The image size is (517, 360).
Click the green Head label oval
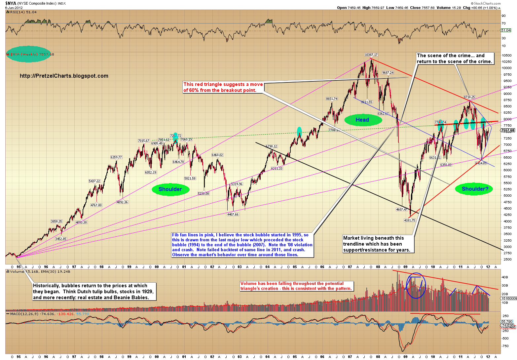click(x=362, y=120)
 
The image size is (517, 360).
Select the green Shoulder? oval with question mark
click(x=475, y=189)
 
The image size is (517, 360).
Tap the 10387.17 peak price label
click(x=371, y=55)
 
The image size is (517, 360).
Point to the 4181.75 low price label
click(x=409, y=220)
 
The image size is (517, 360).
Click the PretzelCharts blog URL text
click(x=64, y=76)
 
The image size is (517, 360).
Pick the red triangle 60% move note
click(x=223, y=87)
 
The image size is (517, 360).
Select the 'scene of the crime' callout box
click(x=455, y=59)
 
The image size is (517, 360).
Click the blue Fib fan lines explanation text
click(x=242, y=245)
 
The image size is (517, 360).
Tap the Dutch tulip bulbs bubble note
click(x=94, y=292)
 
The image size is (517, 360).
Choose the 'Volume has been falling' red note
click(x=296, y=286)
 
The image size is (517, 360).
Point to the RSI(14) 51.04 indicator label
click(x=23, y=12)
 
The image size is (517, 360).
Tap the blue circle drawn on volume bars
click(x=416, y=286)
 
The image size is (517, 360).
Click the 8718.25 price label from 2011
click(x=469, y=97)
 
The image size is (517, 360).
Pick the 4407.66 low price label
click(x=233, y=214)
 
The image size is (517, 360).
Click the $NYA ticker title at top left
click(x=11, y=3)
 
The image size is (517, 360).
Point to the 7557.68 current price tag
click(x=508, y=130)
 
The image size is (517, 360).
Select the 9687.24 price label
click(x=388, y=73)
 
